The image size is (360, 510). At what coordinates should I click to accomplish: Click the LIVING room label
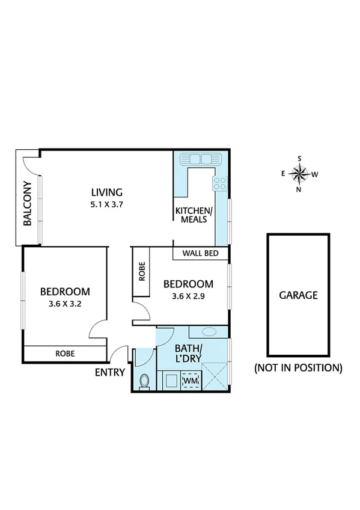[106, 192]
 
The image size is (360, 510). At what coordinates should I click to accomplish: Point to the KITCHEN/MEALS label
[193, 215]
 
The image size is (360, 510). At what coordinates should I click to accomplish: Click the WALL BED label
[200, 253]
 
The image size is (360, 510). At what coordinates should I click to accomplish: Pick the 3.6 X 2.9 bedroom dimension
[188, 296]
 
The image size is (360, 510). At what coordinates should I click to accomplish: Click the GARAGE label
[297, 295]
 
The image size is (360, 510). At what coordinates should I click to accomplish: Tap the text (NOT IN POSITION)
[298, 367]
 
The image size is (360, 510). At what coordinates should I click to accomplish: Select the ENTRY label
[110, 372]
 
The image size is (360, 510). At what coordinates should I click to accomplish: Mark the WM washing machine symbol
[190, 381]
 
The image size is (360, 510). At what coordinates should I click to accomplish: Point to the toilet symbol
[144, 381]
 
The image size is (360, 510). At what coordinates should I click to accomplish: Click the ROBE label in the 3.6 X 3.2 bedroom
[65, 354]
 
